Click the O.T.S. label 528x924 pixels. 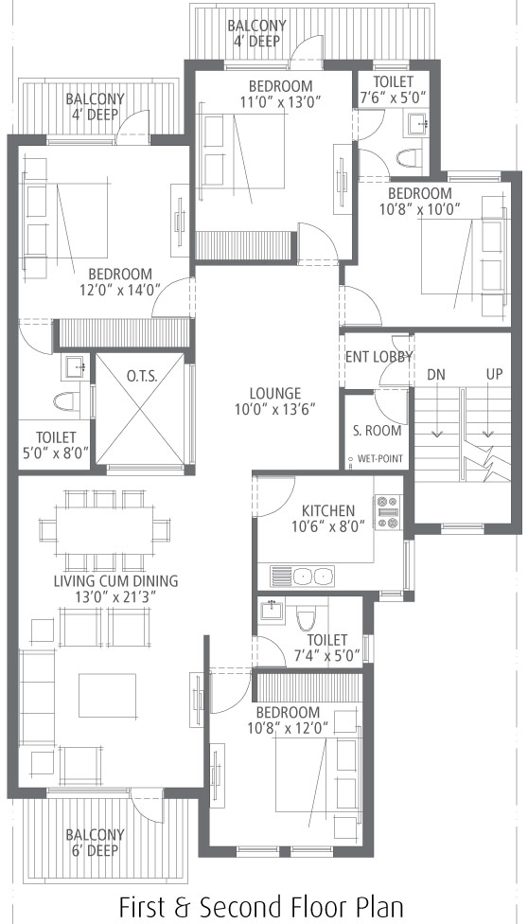coord(141,377)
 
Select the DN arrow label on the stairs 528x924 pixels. coord(436,375)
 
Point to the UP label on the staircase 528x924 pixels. coord(495,375)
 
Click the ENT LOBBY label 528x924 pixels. coord(378,357)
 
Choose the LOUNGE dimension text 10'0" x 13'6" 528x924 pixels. coord(275,409)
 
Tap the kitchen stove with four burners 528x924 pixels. coord(388,512)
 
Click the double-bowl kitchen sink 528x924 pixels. coord(302,576)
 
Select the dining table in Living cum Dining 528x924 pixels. coord(104,530)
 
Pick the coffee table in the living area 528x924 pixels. coord(107,695)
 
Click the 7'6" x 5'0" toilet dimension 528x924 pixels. coord(393,98)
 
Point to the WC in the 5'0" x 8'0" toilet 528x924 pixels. coord(66,401)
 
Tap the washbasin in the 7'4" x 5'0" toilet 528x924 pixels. coord(273,609)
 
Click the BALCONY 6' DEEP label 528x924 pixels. coord(95,843)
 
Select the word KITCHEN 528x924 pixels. coord(328,511)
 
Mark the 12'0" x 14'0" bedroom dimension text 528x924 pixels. coord(120,290)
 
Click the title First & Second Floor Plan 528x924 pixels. coord(262,906)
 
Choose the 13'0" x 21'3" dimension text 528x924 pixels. coord(115,596)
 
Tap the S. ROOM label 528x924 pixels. coord(378,431)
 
